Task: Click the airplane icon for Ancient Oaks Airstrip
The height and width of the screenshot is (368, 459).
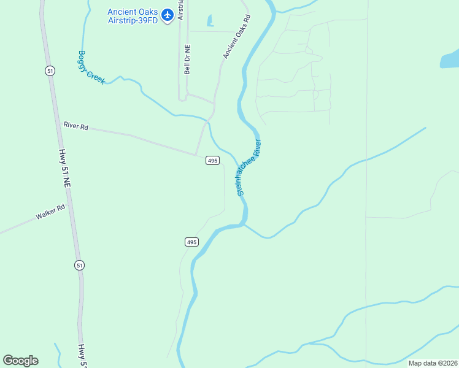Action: (167, 13)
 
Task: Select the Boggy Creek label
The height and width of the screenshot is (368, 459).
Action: (91, 67)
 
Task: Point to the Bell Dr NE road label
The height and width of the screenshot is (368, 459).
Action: (188, 59)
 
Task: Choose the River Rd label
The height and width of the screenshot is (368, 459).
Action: (76, 126)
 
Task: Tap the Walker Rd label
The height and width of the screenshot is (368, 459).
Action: (50, 212)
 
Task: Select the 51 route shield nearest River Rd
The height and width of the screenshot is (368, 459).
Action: (50, 71)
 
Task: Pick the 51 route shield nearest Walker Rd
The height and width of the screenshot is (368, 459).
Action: (80, 265)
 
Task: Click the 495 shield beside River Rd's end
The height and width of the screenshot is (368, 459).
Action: (212, 161)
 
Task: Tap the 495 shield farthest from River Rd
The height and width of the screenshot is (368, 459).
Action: (191, 242)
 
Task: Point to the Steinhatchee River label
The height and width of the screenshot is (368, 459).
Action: (250, 167)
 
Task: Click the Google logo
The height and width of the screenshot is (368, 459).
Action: (20, 360)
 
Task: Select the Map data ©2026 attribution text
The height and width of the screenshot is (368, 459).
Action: (432, 363)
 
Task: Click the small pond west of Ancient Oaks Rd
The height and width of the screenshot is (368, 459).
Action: (210, 21)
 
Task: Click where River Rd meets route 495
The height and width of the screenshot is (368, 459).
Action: (196, 155)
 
